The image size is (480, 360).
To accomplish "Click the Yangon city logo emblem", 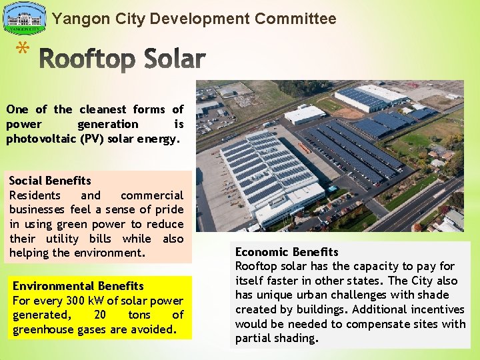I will click(x=25, y=18).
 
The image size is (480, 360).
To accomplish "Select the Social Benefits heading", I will click(x=50, y=181).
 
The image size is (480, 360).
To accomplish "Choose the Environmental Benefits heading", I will click(x=78, y=286).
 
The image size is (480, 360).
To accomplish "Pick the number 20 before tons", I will click(x=100, y=315).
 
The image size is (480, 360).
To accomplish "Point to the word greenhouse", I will click(x=41, y=329).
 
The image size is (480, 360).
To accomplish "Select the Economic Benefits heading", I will click(x=287, y=252).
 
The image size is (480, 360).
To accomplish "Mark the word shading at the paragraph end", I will click(x=297, y=338).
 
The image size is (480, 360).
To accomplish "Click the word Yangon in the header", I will click(x=75, y=19).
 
